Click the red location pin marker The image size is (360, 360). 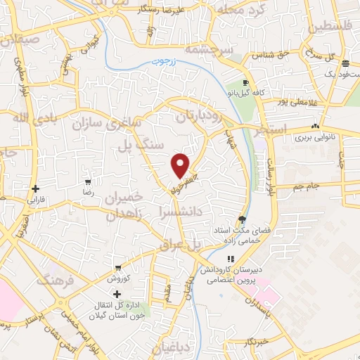tap(181, 165)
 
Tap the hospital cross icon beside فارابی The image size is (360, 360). tap(36, 188)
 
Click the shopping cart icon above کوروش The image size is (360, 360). tap(118, 268)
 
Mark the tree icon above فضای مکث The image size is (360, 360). tap(242, 219)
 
